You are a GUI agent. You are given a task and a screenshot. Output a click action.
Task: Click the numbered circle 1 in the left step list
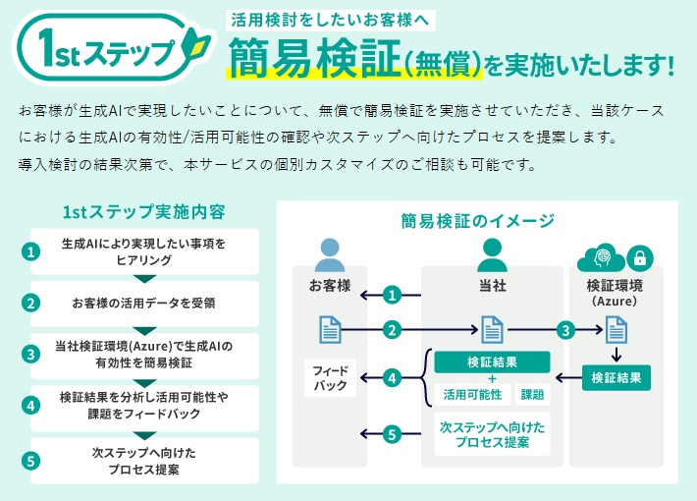point(31,251)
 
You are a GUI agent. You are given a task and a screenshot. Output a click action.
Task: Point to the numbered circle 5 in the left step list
point(31,461)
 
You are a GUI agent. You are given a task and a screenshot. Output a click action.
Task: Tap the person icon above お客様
point(330,254)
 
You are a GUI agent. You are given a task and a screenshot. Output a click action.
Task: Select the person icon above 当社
point(491,254)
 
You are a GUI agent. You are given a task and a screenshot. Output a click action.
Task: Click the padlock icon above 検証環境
point(639,258)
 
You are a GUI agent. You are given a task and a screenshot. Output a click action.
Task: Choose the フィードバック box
point(330,377)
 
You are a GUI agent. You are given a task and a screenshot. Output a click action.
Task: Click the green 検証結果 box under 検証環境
point(617,377)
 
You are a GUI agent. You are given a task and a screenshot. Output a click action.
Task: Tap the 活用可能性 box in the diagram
point(471,394)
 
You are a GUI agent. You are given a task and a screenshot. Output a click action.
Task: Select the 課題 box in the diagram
point(532,394)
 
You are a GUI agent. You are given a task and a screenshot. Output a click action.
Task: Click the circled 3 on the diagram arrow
point(565,330)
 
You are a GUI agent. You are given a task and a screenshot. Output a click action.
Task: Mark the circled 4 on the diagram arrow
point(393,377)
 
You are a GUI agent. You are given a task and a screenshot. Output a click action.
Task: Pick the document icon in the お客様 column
point(330,329)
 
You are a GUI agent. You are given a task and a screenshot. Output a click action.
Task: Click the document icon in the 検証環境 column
point(617,329)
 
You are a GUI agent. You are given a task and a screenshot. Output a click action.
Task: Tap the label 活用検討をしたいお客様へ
point(330,19)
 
